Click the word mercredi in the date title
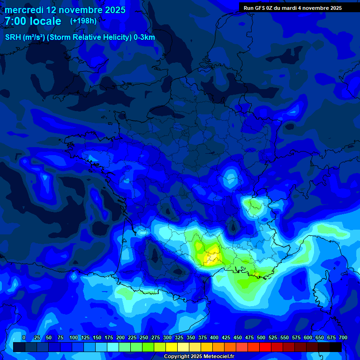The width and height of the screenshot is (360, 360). tap(24, 10)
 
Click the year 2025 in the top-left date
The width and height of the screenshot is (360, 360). tap(112, 10)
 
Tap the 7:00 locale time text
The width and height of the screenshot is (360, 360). tap(33, 22)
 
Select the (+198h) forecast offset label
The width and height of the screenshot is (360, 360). tap(83, 21)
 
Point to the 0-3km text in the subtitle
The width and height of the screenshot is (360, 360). tap(144, 37)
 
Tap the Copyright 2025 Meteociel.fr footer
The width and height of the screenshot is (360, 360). tap(198, 357)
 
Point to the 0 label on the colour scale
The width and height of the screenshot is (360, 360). tap(24, 338)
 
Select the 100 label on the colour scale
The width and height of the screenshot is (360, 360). tap(74, 338)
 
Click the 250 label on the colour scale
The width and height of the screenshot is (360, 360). tap(144, 338)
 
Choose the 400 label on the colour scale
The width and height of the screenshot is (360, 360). tap(214, 338)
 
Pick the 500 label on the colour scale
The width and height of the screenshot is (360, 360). tap(261, 338)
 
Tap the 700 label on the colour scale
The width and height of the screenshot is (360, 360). tap(343, 338)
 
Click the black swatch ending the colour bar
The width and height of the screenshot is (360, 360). tap(336, 347)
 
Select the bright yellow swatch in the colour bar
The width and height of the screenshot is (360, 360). tap(172, 347)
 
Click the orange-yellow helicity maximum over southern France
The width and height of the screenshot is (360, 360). tap(212, 257)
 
